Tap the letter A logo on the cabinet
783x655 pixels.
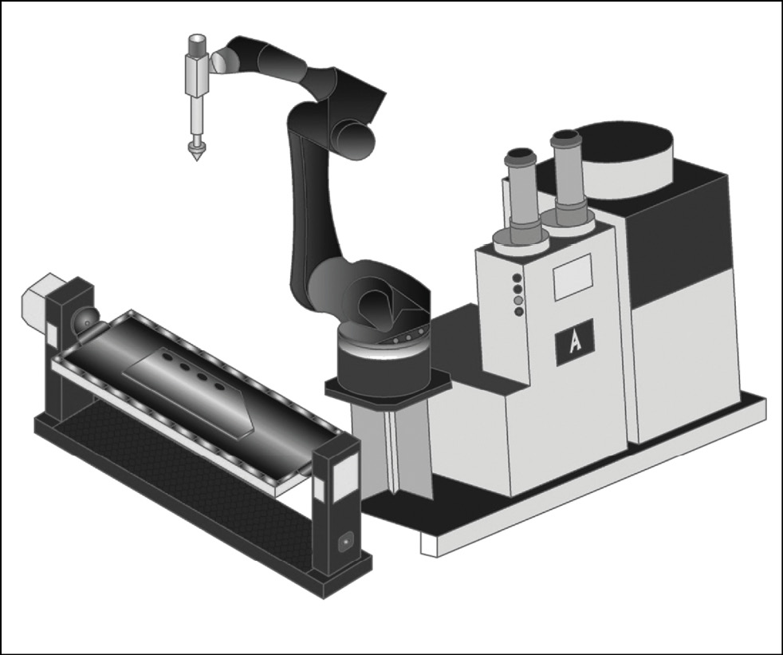point(574,341)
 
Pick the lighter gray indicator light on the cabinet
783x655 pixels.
point(518,300)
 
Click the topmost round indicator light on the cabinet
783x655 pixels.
point(517,278)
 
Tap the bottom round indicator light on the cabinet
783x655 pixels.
point(519,311)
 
